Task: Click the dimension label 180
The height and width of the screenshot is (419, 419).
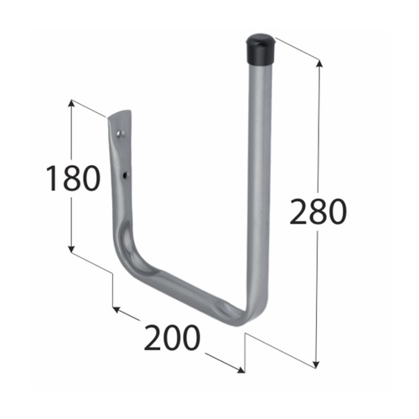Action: click(73, 178)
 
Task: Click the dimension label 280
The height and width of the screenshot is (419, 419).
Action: click(318, 211)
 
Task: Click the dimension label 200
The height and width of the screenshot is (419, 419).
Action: click(172, 337)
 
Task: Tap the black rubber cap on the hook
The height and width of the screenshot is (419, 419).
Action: click(261, 49)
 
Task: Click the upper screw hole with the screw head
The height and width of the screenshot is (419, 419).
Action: click(121, 134)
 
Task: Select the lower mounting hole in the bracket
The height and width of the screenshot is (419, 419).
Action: click(125, 175)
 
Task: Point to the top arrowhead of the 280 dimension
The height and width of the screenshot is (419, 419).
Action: click(320, 63)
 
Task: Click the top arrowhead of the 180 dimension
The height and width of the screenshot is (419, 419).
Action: click(71, 104)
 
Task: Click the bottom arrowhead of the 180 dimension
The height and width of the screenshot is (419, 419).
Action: click(71, 247)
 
